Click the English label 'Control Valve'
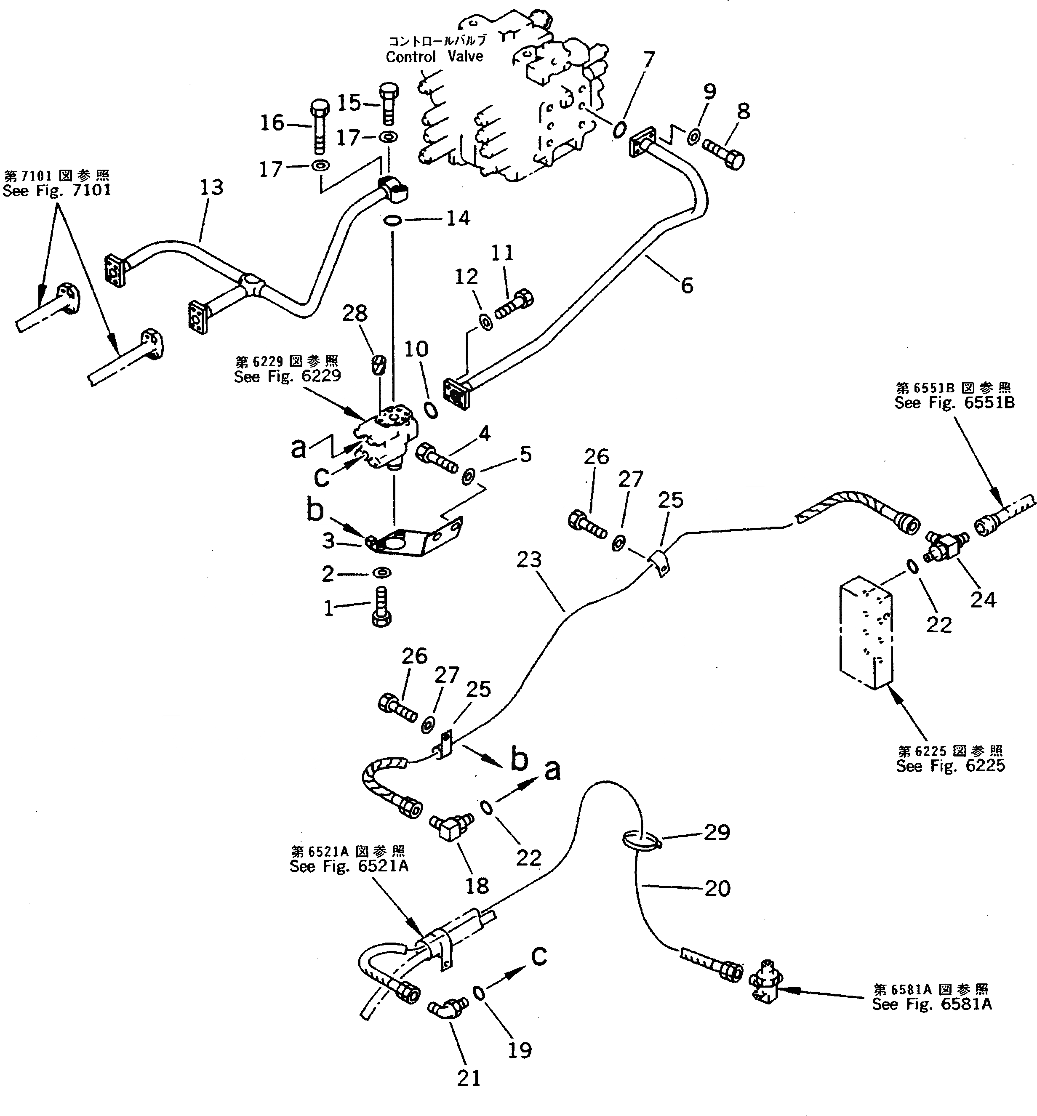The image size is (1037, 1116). (435, 57)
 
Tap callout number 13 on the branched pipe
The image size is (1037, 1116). (211, 187)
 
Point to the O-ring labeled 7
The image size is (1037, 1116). (619, 130)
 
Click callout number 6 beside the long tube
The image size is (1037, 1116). (687, 285)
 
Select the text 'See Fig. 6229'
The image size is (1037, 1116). (287, 376)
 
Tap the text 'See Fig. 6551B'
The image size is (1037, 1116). (954, 403)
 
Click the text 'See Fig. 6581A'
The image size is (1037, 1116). (931, 1004)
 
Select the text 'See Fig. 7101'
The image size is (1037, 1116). (57, 191)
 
